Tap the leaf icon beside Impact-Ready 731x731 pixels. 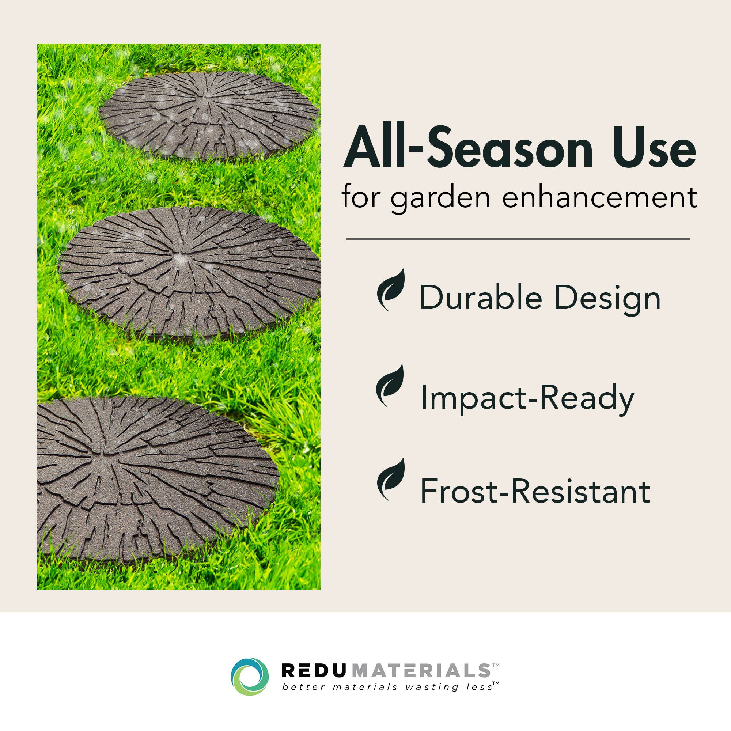coord(390,386)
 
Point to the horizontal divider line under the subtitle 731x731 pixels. coord(518,239)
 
